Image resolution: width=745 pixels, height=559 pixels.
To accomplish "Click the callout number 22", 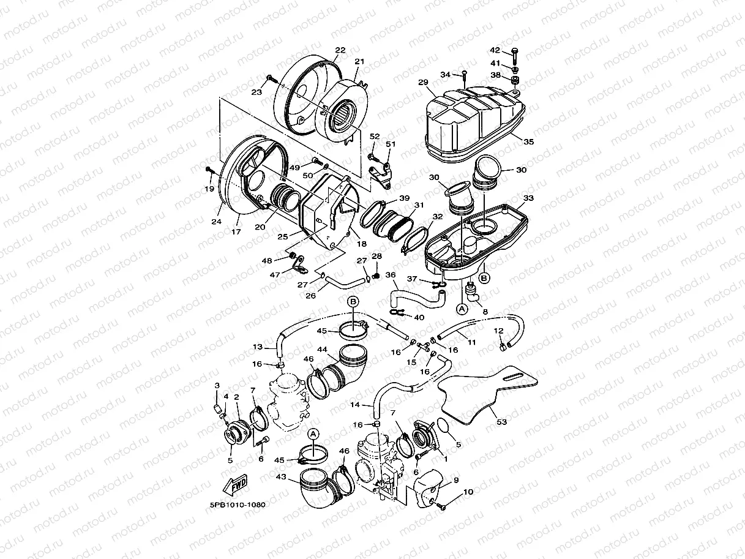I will [340, 50].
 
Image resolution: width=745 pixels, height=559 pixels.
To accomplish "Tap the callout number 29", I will [422, 82].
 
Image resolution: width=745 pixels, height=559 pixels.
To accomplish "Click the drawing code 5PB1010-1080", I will [238, 506].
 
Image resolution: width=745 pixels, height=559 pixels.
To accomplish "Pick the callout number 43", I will [282, 476].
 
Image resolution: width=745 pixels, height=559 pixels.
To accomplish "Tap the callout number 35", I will [528, 141].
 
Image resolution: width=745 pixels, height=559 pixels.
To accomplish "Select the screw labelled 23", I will [270, 80].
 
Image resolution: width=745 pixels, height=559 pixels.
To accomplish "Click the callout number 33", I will [528, 198].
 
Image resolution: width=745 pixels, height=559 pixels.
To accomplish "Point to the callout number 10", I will [468, 492].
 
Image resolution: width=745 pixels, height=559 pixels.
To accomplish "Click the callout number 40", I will [419, 317].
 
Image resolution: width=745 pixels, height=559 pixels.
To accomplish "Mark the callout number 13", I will [258, 347].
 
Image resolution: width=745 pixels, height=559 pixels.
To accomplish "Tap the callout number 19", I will [209, 189].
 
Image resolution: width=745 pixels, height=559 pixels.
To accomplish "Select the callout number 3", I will [217, 385].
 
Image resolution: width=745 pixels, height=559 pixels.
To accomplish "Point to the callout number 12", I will [498, 331].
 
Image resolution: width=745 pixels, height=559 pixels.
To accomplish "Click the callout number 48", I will [267, 261].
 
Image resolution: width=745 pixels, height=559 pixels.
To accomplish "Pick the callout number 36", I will [391, 275].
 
